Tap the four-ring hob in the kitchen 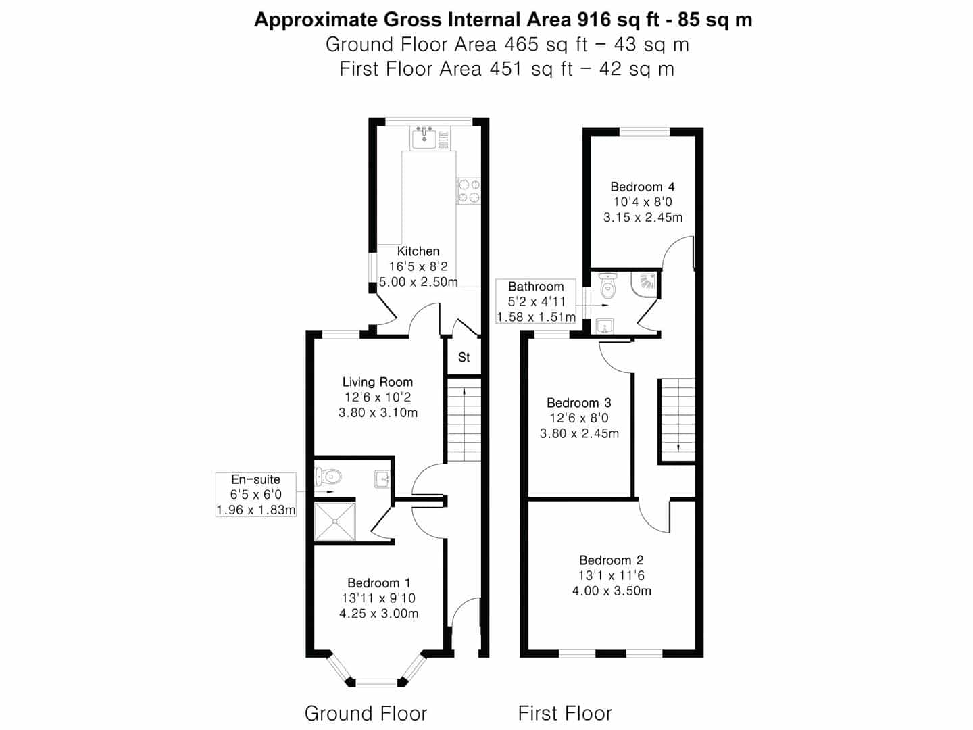pyautogui.click(x=468, y=190)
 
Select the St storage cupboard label pyautogui.click(x=464, y=357)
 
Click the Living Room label pyautogui.click(x=377, y=382)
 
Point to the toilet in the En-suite pyautogui.click(x=330, y=476)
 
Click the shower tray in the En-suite pyautogui.click(x=335, y=520)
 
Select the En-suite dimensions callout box pyautogui.click(x=256, y=495)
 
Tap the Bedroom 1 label pyautogui.click(x=378, y=583)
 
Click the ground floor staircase pyautogui.click(x=464, y=419)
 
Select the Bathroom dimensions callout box pyautogui.click(x=536, y=301)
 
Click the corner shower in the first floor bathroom pyautogui.click(x=646, y=284)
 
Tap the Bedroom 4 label pyautogui.click(x=642, y=187)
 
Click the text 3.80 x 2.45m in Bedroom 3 pyautogui.click(x=579, y=433)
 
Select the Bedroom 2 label pyautogui.click(x=611, y=560)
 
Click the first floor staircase pyautogui.click(x=677, y=419)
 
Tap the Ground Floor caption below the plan pyautogui.click(x=366, y=713)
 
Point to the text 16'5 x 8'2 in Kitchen pyautogui.click(x=418, y=266)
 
